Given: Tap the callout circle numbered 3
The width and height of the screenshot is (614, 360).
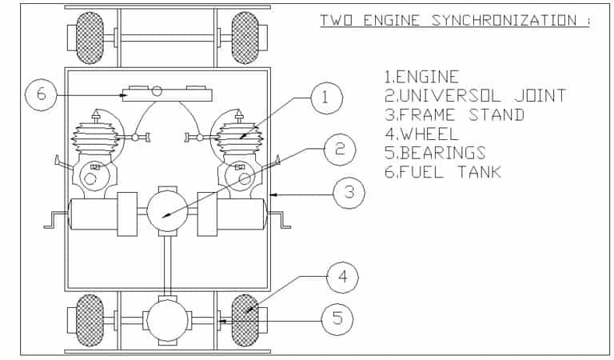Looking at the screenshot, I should coord(349,193).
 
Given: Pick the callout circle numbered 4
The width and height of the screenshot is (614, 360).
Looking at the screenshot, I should coord(342,278).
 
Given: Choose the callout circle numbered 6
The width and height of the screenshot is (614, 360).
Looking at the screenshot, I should coord(41,95).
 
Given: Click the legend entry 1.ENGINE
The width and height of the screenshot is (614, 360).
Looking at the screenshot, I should coord(422,77).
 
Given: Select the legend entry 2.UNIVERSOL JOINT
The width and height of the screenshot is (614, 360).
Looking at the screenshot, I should coord(476,96).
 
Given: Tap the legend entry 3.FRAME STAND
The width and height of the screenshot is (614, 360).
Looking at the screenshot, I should coord(454,115).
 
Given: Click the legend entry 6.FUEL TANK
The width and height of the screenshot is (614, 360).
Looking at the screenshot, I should coord(443,172).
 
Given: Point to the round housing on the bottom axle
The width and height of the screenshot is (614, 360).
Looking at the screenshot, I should coord(167,321).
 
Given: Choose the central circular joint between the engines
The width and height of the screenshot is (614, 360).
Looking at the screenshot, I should coord(167,212).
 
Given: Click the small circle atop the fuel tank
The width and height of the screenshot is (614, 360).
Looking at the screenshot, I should coord(157,90).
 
